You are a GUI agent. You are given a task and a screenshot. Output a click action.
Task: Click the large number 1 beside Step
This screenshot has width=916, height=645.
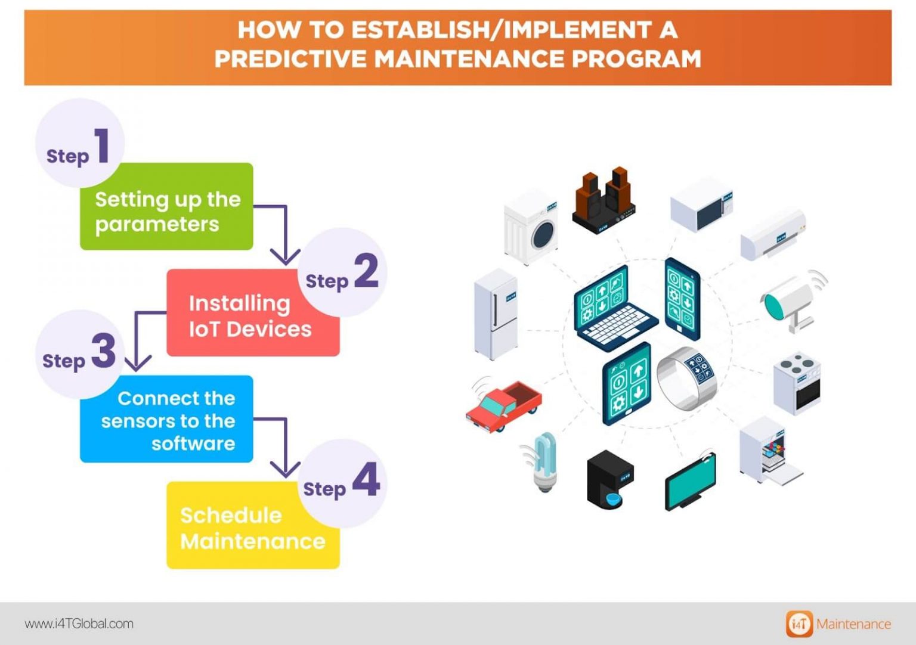[x=103, y=145]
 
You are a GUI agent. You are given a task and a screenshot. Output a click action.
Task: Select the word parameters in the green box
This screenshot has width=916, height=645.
[x=157, y=225]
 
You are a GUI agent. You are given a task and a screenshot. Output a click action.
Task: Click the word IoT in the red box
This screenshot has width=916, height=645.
[x=204, y=329]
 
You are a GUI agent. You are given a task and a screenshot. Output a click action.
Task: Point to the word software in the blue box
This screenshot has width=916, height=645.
[x=193, y=444]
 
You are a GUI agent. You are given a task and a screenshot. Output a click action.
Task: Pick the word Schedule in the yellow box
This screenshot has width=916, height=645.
[x=231, y=515]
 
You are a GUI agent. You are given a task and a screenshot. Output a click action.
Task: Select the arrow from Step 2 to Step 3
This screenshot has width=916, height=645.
[x=138, y=340]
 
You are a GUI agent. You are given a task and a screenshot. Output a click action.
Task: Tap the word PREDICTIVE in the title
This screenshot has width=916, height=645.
[x=290, y=59]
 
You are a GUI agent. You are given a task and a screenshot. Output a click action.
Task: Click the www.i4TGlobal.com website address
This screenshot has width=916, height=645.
[x=79, y=624]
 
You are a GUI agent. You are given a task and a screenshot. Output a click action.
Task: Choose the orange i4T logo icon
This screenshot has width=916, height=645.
[x=799, y=624]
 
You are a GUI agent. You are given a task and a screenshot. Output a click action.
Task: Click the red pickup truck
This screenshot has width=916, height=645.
[x=504, y=405]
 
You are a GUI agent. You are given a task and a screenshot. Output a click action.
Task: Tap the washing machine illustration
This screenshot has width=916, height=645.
[x=531, y=227]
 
